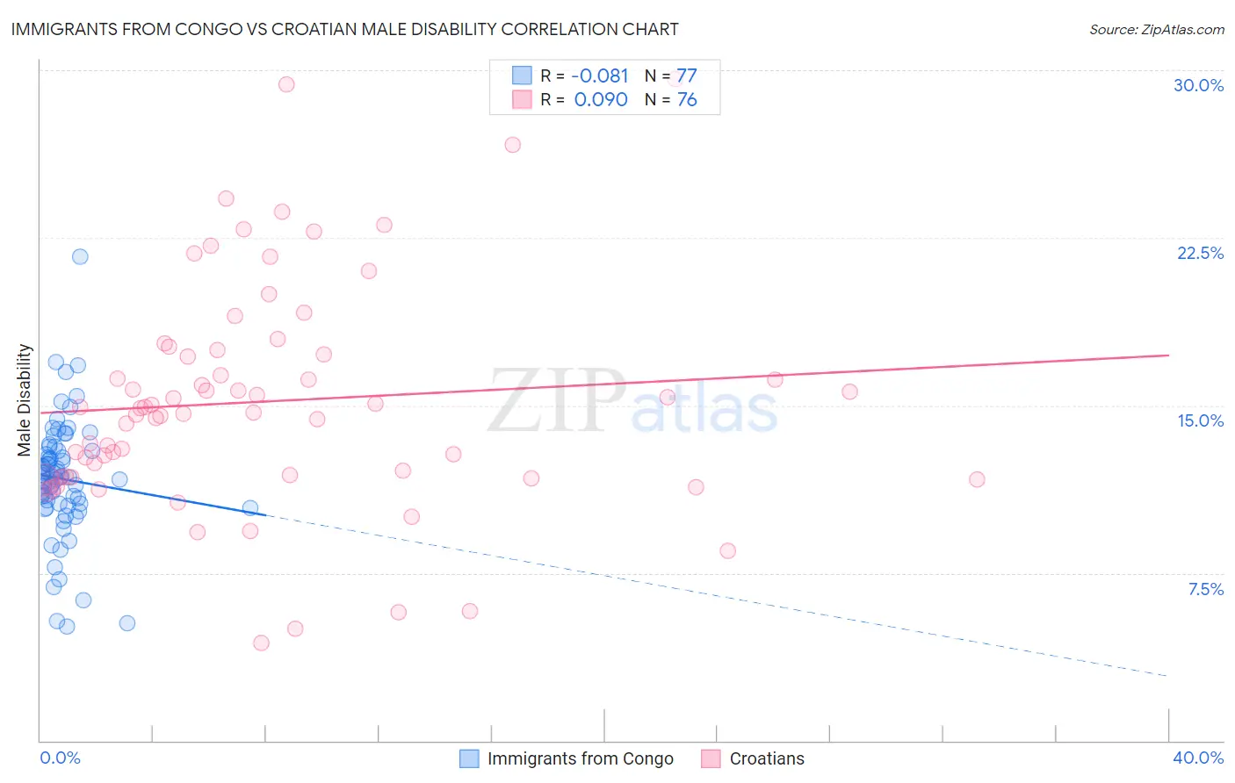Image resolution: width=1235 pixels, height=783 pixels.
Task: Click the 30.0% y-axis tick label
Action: point(1198,85)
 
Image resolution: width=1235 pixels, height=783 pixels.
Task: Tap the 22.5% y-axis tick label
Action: point(1200,253)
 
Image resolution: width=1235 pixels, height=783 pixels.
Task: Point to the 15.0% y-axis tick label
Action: point(1200,420)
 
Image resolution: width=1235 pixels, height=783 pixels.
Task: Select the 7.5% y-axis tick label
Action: point(1205,589)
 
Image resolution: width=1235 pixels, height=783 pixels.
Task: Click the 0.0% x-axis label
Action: point(60,758)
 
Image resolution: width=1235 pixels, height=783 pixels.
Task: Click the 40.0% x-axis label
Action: point(1197,758)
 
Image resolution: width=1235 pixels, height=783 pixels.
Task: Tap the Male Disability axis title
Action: point(25,399)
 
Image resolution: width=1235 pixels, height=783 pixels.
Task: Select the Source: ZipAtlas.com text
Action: point(1156,30)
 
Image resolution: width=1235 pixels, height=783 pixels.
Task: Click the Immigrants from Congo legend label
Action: point(580,758)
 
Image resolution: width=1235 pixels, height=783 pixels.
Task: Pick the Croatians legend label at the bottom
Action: point(766,758)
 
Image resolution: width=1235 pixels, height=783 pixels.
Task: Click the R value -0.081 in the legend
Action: point(600,76)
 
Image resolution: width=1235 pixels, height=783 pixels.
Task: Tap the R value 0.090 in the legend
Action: point(601,99)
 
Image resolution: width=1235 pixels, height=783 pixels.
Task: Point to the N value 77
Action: point(686,76)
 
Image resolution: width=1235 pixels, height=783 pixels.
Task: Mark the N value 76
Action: point(686,99)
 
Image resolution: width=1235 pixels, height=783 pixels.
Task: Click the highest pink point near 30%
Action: point(286,84)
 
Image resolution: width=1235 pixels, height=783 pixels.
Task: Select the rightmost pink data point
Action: point(977,479)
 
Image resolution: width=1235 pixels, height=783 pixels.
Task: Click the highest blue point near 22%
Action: point(80,256)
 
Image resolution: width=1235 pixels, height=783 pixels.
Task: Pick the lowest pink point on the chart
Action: point(261,643)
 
